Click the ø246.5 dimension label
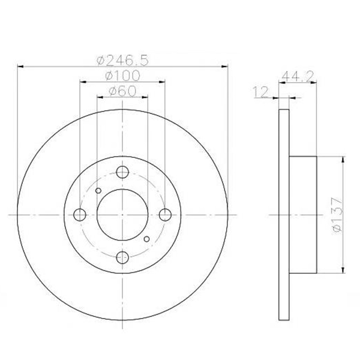click(x=122, y=60)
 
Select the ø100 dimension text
click(x=122, y=76)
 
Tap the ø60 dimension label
click(x=122, y=91)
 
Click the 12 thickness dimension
click(x=260, y=92)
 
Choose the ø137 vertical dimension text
click(x=337, y=215)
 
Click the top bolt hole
click(x=122, y=172)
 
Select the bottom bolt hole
click(x=122, y=257)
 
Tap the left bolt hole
click(x=80, y=215)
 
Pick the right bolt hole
click(x=165, y=215)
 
